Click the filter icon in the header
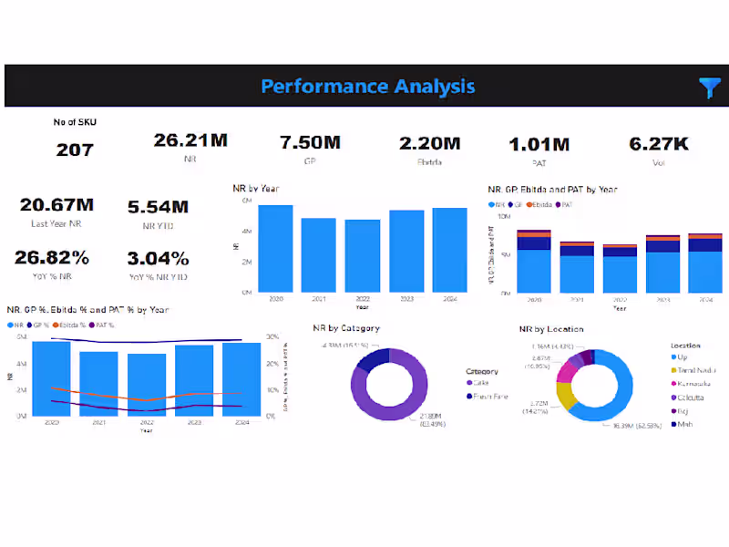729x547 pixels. tap(709, 88)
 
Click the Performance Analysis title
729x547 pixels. tap(367, 87)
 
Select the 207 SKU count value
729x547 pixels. tap(75, 150)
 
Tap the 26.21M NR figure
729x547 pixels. tap(190, 139)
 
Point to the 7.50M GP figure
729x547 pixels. tap(310, 143)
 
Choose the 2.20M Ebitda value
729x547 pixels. tap(430, 143)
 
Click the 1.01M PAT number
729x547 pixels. tap(539, 144)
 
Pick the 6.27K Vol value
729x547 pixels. tap(659, 143)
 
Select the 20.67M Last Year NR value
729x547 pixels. tap(56, 205)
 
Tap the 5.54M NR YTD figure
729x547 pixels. tap(158, 207)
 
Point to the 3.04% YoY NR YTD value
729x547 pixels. tap(158, 258)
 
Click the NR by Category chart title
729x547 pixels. tap(346, 328)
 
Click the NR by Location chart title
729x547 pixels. tap(551, 328)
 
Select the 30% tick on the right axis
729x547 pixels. tap(272, 336)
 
